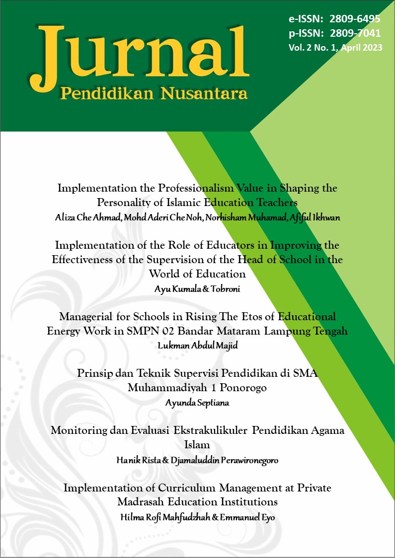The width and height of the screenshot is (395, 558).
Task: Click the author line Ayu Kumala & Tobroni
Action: (197, 289)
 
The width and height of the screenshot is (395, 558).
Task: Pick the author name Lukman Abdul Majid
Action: (197, 346)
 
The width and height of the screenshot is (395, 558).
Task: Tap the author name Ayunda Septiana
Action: (197, 403)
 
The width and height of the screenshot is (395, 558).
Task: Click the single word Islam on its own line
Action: (197, 445)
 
